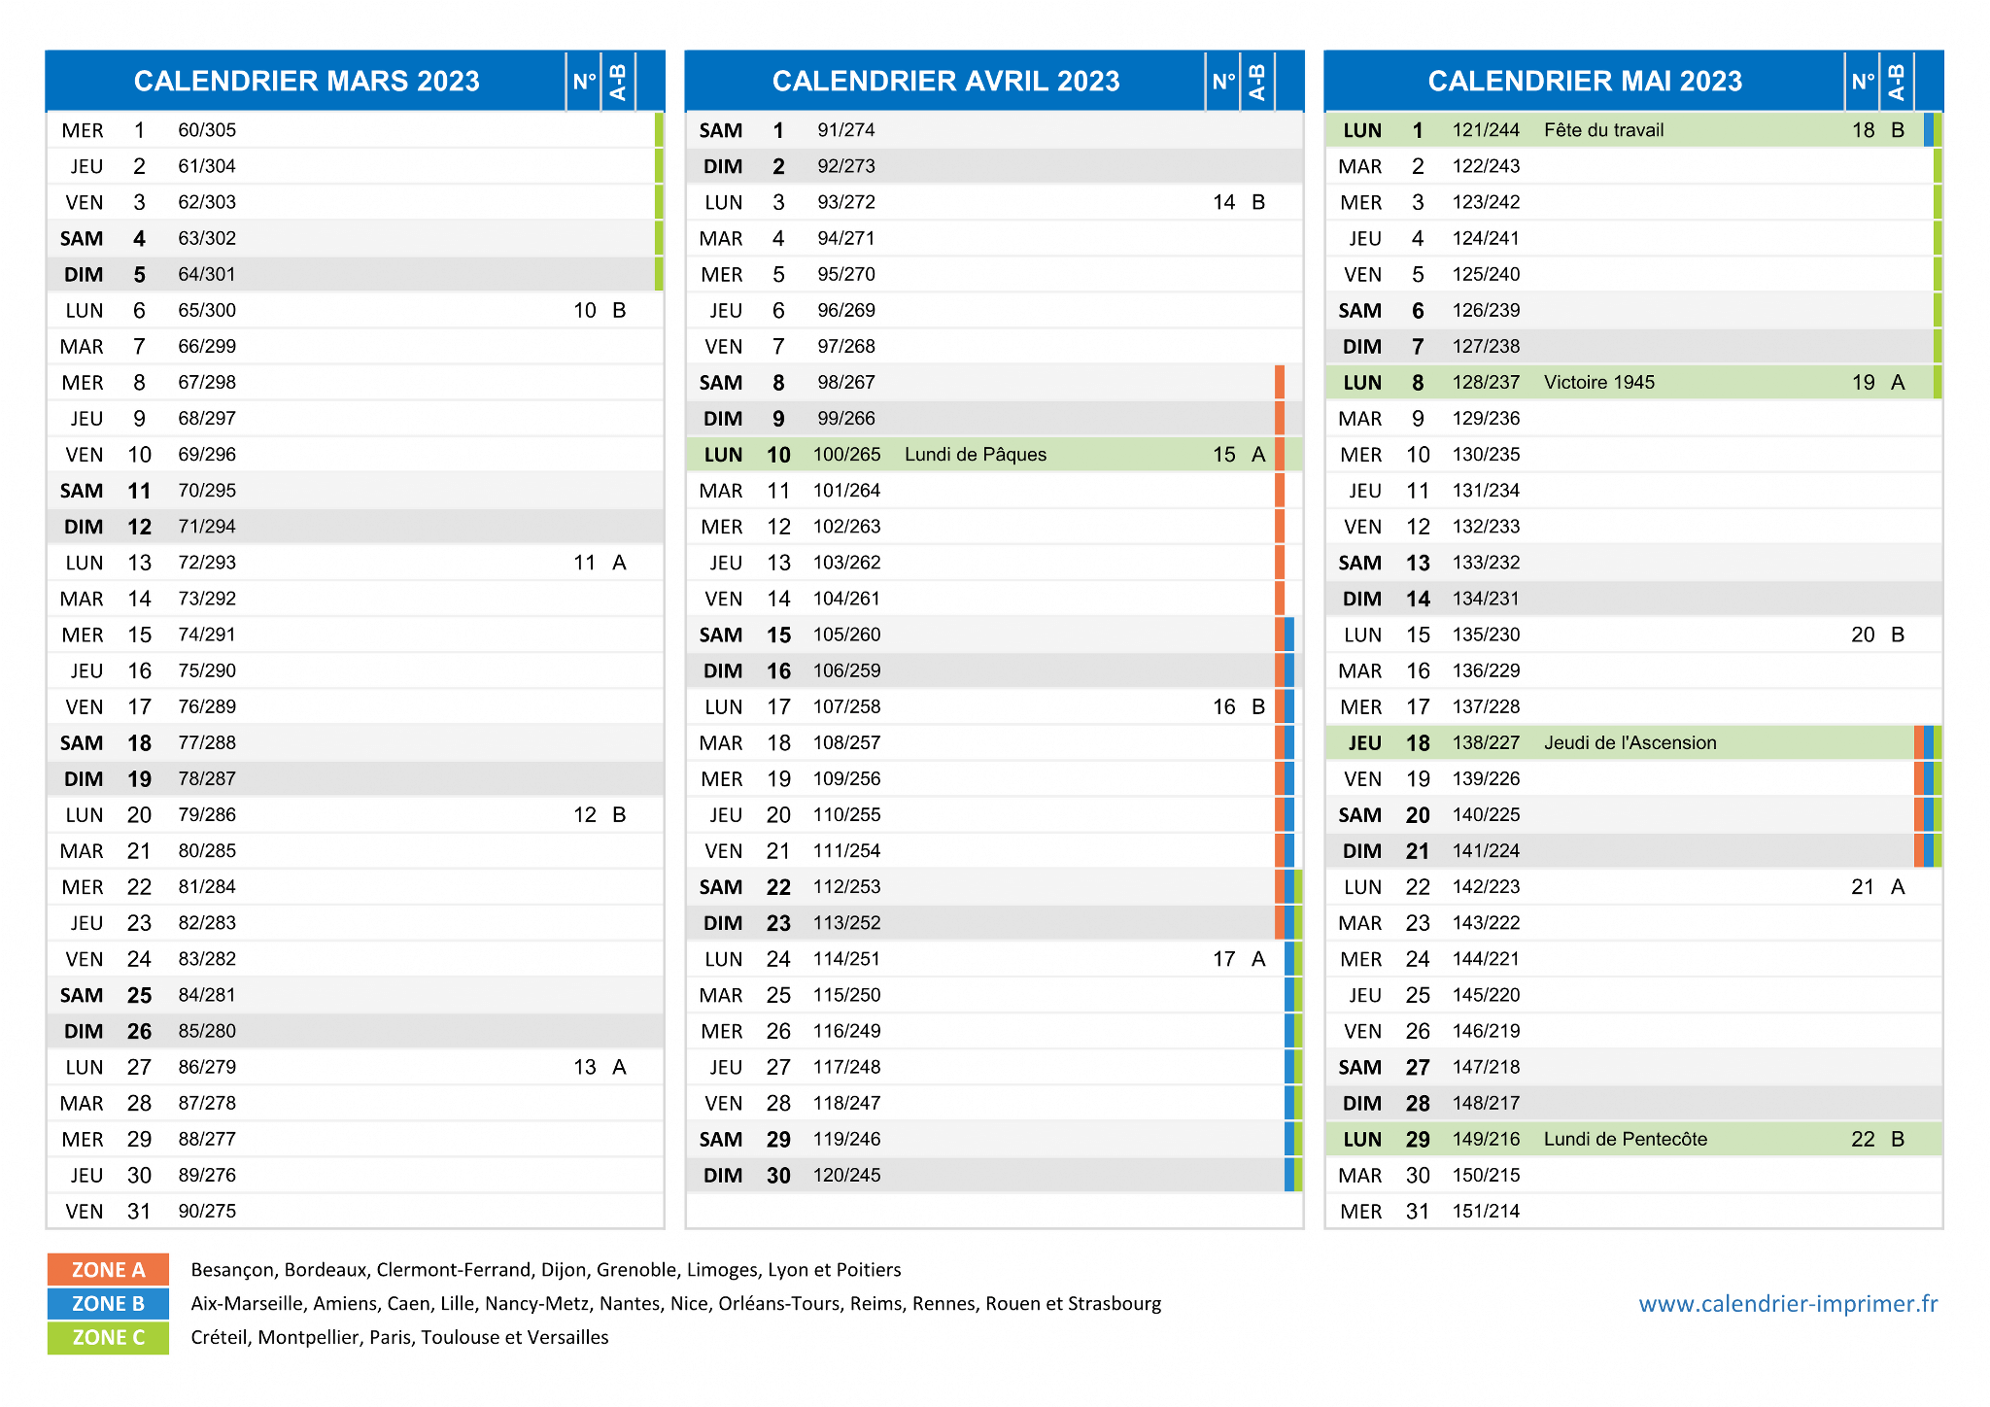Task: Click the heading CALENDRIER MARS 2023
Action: pyautogui.click(x=306, y=81)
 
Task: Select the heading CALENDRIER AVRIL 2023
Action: pyautogui.click(x=945, y=81)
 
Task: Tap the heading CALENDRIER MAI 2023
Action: pyautogui.click(x=1585, y=81)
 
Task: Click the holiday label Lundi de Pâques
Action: pyautogui.click(x=975, y=455)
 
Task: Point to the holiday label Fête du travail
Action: pyautogui.click(x=1603, y=130)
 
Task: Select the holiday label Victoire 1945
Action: pyautogui.click(x=1598, y=383)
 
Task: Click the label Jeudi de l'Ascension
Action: pyautogui.click(x=1630, y=743)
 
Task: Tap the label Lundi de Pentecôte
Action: pyautogui.click(x=1625, y=1139)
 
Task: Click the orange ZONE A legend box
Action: pyautogui.click(x=108, y=1270)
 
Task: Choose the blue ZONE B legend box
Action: pyautogui.click(x=108, y=1304)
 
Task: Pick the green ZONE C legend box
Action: pyautogui.click(x=108, y=1338)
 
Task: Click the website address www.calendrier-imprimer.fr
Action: pyautogui.click(x=1788, y=1304)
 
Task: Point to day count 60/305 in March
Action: pyautogui.click(x=207, y=130)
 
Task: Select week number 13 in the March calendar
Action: pyautogui.click(x=585, y=1067)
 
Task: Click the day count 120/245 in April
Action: pyautogui.click(x=846, y=1176)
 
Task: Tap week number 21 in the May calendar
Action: pyautogui.click(x=1863, y=887)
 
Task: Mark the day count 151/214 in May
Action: pyautogui.click(x=1486, y=1212)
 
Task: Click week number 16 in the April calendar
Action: pyautogui.click(x=1224, y=707)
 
